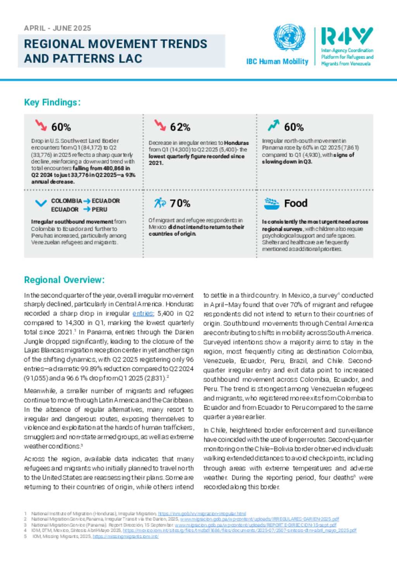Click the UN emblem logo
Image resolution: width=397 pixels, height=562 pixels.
click(x=289, y=38)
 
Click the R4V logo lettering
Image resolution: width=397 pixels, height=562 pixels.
click(x=347, y=36)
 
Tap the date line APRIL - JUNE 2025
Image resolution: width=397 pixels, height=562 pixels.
click(x=57, y=28)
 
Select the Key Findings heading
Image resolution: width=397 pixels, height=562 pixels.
click(x=52, y=102)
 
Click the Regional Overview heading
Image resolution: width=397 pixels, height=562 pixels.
click(x=64, y=280)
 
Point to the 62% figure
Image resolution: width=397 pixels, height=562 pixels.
click(x=180, y=127)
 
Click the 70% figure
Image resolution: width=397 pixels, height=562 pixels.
click(x=180, y=203)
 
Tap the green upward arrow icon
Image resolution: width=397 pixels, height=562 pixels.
click(x=273, y=125)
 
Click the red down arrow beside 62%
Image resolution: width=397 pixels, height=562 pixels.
click(x=160, y=125)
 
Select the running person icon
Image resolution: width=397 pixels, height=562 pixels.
click(x=159, y=203)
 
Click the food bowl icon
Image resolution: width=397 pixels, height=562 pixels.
click(x=271, y=203)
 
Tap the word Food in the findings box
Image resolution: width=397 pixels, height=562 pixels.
click(x=295, y=203)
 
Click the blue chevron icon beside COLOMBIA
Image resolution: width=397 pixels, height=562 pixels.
click(x=41, y=203)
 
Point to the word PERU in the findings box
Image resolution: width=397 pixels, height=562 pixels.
click(x=99, y=209)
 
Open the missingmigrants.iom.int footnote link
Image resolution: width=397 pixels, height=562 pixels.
click(x=125, y=536)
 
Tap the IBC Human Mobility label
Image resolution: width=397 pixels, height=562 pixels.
click(x=277, y=62)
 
